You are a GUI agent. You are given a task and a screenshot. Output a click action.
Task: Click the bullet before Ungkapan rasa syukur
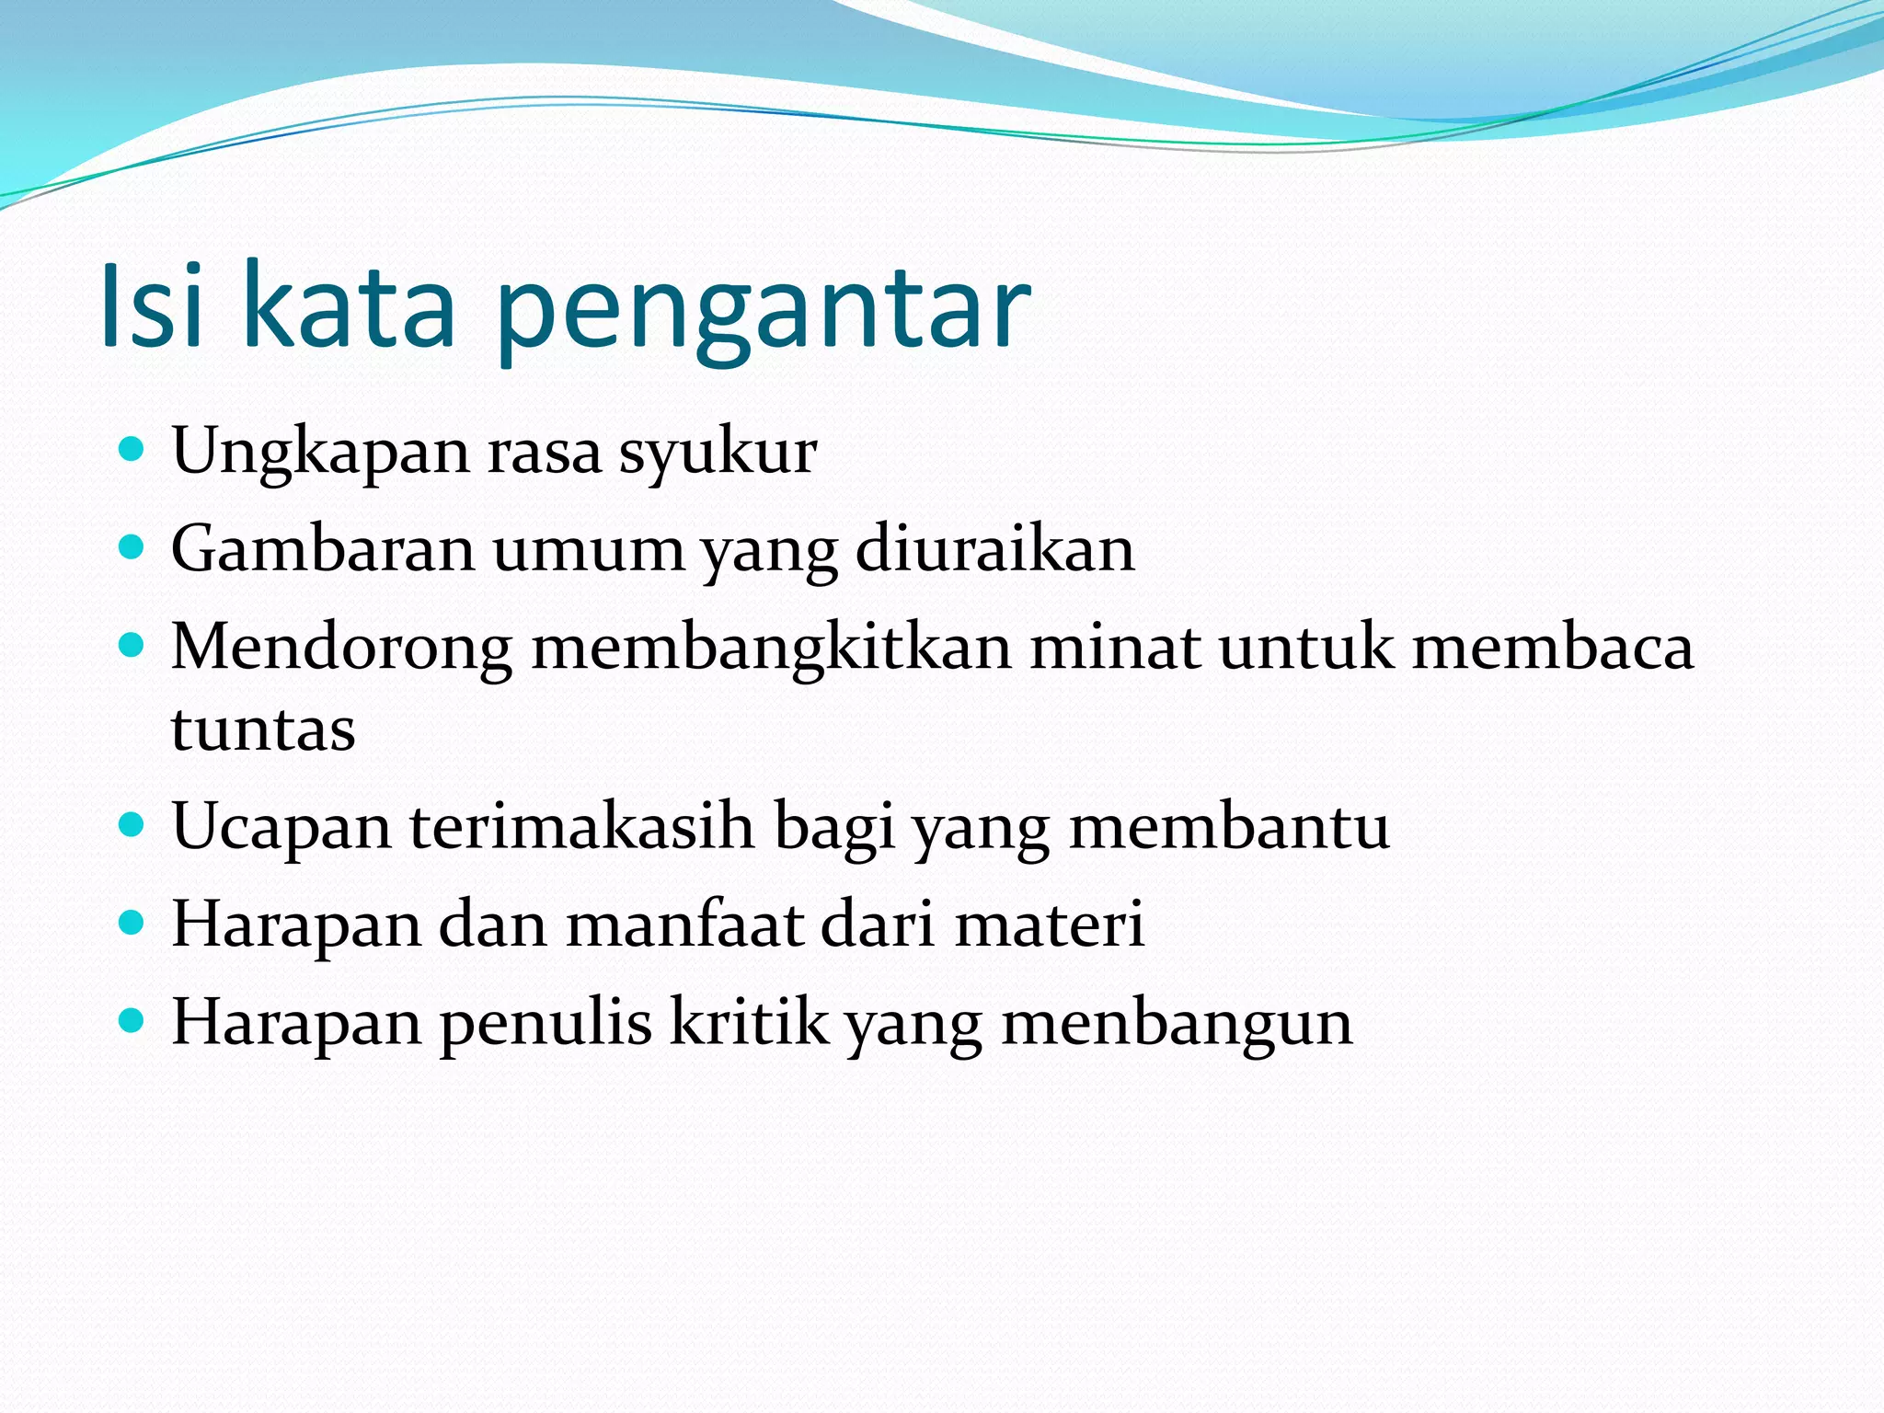(132, 450)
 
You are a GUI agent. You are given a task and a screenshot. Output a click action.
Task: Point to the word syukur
(718, 454)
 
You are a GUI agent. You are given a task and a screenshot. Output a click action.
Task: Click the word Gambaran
(323, 549)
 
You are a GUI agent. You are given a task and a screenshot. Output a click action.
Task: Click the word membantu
(1229, 826)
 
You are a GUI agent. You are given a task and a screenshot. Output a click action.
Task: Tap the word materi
(1049, 924)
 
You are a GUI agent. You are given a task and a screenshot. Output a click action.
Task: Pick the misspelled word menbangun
(1177, 1023)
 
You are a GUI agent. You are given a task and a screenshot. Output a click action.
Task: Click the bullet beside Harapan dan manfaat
(132, 923)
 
